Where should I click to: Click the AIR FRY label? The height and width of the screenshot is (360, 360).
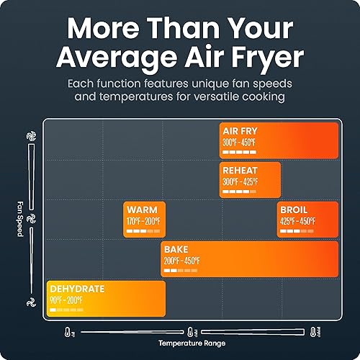coord(240,132)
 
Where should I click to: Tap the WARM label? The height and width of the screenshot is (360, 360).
coord(140,210)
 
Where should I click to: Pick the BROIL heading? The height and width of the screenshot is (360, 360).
coord(296,210)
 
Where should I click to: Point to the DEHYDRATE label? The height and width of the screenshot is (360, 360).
coord(77,289)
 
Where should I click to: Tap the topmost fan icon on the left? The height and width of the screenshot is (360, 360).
coord(31,135)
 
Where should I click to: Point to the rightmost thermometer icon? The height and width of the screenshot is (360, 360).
coord(315,332)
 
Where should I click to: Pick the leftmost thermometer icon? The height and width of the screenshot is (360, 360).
coord(66,332)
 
